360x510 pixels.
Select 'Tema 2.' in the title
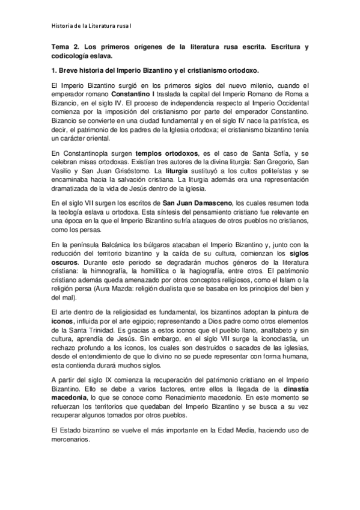tap(65, 46)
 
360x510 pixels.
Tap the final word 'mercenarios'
tap(70, 440)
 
